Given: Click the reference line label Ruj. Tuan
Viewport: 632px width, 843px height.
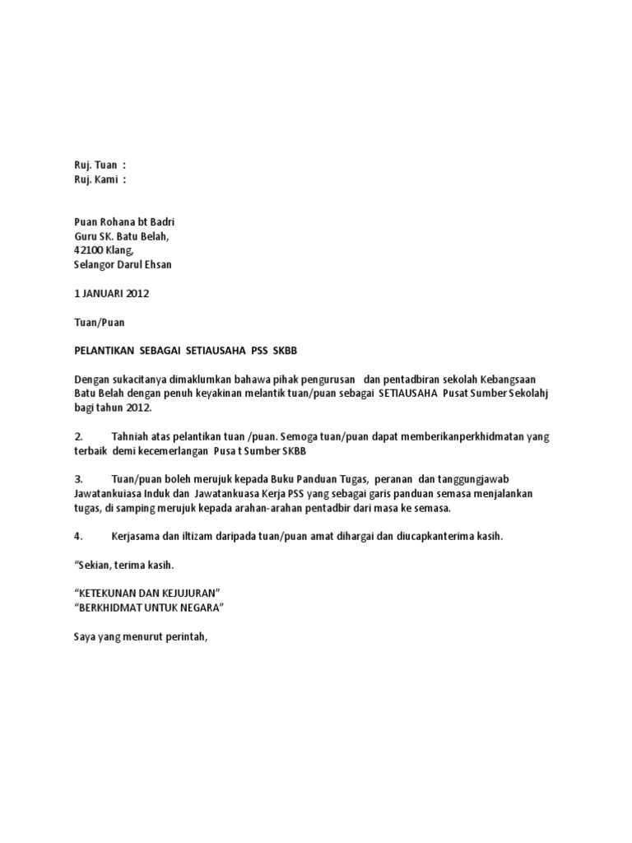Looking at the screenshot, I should coord(95,165).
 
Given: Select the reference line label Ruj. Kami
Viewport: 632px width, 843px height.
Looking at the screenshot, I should coord(95,179).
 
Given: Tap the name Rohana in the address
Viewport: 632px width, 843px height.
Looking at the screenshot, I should coord(121,222).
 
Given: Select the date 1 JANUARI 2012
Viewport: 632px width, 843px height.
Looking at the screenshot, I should coord(112,293).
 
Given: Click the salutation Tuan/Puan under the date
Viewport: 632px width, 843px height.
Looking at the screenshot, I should coord(99,322).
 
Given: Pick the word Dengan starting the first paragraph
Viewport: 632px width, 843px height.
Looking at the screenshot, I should coord(91,380).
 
